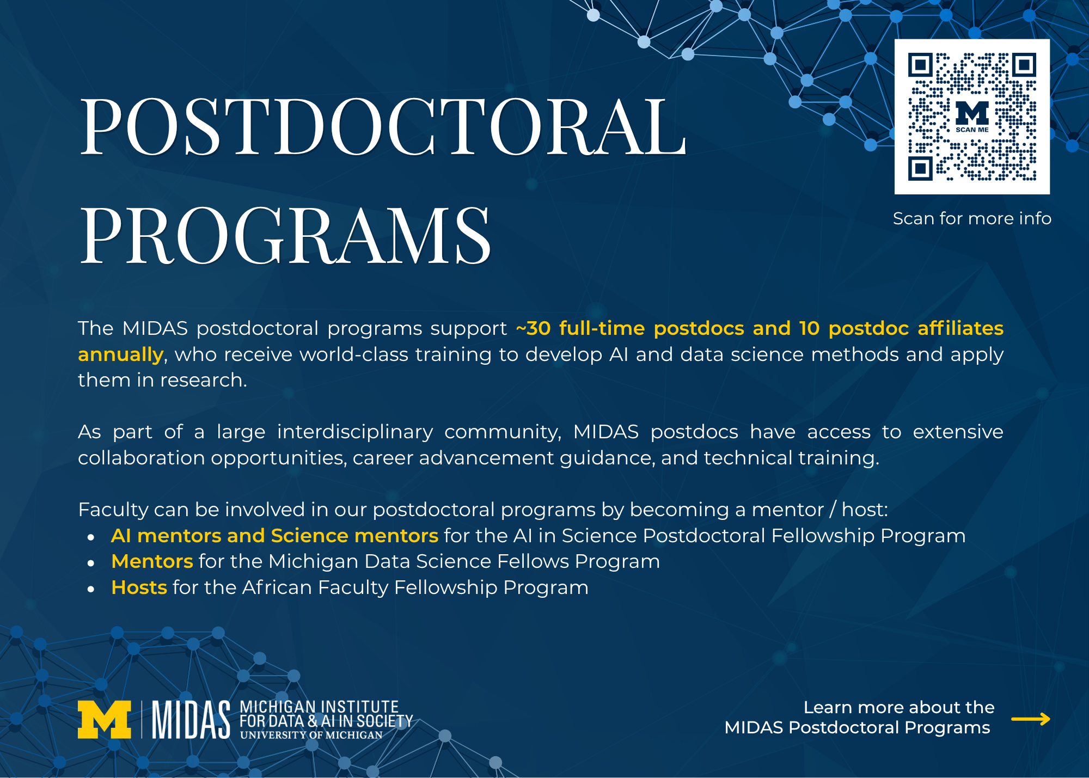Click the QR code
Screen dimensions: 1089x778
pos(972,117)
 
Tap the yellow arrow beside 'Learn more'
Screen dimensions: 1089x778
pos(1031,719)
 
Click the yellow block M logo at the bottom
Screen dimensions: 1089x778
pos(105,719)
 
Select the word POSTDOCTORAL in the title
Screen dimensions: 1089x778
pos(383,126)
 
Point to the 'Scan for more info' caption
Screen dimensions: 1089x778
pos(972,218)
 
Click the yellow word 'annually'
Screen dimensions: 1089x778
pos(120,355)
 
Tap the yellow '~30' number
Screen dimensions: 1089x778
pos(533,328)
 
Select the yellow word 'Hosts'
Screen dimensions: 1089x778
pos(139,587)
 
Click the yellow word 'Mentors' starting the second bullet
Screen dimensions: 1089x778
pos(152,561)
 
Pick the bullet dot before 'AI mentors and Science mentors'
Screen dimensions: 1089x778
pos(91,537)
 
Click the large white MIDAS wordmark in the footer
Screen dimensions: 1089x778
pos(191,719)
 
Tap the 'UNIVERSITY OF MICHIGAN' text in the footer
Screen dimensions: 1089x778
pos(311,735)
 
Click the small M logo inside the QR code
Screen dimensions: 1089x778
pos(972,113)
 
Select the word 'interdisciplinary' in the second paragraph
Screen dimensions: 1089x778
pos(355,432)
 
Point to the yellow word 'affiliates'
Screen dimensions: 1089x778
pos(960,328)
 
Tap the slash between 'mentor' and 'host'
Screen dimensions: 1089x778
pos(833,510)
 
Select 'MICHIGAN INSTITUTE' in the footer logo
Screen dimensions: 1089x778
pos(320,707)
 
